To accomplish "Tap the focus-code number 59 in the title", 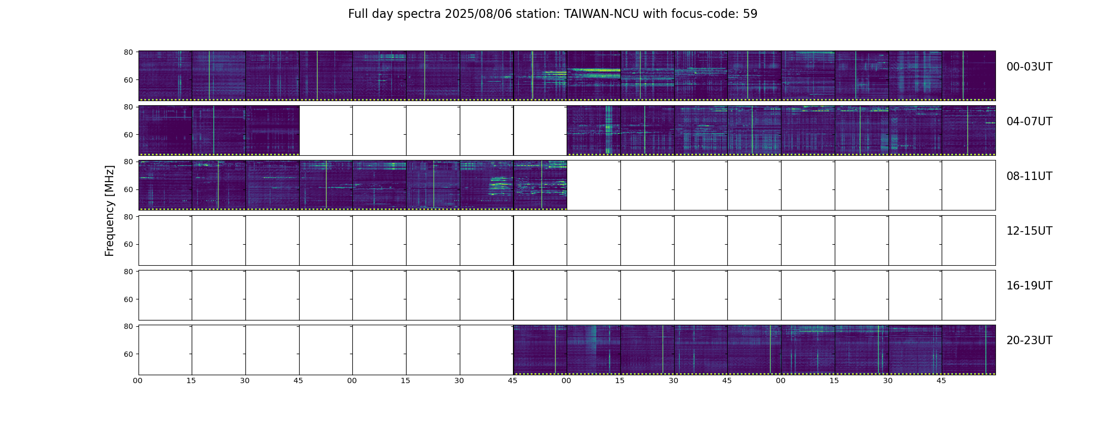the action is [750, 14].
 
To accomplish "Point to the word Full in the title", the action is [358, 14].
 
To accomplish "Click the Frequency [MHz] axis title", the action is [110, 211].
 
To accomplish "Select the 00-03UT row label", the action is [1029, 67].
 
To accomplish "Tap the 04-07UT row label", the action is [1029, 122].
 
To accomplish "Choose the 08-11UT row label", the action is [1029, 176].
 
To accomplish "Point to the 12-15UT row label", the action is [1029, 231].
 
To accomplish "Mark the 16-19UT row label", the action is [1029, 286].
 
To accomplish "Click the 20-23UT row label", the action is [1029, 340].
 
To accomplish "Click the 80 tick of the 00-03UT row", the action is [128, 52].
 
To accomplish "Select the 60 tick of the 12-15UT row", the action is [128, 245].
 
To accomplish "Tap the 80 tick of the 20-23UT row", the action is [128, 326].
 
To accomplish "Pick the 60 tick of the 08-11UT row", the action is [128, 189].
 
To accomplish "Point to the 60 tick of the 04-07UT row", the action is [128, 135].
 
